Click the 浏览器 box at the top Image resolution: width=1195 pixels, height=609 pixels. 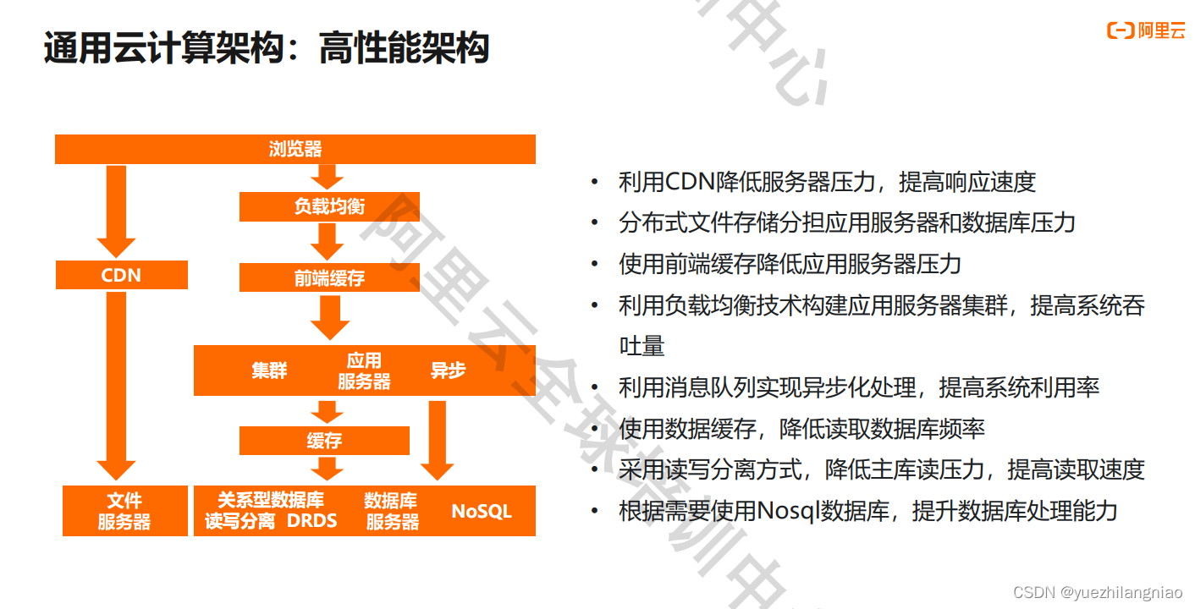coord(295,150)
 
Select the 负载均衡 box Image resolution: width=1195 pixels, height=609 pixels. coord(329,206)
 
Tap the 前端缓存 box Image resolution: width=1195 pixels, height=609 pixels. coord(329,277)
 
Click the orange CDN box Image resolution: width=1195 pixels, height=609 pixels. coord(121,276)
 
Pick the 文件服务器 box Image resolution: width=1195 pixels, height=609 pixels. coord(124,511)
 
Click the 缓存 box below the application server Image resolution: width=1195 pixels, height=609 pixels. coord(324,441)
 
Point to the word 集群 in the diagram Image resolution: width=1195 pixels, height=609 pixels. coord(269,370)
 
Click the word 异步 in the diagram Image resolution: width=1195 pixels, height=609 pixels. coord(448,370)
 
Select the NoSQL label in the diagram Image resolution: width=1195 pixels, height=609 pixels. coord(481,512)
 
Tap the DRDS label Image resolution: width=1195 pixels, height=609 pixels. coord(311,521)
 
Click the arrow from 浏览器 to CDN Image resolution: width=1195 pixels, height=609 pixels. coord(116,211)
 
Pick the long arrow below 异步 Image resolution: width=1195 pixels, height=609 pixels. coord(437,440)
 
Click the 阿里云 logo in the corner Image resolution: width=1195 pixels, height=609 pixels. coord(1146,31)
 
